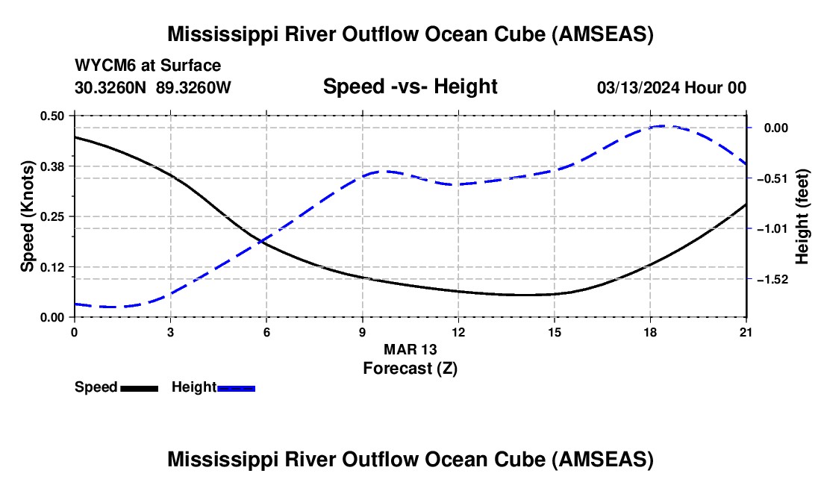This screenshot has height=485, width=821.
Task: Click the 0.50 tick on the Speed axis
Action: click(x=52, y=116)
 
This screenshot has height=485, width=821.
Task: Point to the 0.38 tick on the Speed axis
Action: click(x=52, y=166)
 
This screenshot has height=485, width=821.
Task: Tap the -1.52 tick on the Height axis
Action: click(x=772, y=279)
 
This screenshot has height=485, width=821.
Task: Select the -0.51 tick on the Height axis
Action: click(x=772, y=178)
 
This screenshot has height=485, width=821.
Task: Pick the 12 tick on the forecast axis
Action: click(x=458, y=332)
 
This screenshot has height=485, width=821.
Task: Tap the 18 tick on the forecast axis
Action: click(x=650, y=332)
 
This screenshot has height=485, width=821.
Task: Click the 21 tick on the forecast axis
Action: click(x=746, y=332)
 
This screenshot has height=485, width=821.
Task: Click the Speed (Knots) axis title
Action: click(x=27, y=216)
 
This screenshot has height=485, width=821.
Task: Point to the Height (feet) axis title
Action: click(x=802, y=216)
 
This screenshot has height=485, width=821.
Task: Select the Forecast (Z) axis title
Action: click(x=410, y=369)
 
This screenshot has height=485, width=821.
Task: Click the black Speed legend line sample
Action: click(x=140, y=388)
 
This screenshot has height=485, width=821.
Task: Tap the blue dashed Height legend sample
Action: click(x=236, y=388)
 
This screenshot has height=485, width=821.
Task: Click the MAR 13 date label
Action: click(x=410, y=349)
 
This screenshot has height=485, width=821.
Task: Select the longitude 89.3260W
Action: click(x=193, y=87)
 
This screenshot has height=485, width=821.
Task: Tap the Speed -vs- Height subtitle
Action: click(x=410, y=86)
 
